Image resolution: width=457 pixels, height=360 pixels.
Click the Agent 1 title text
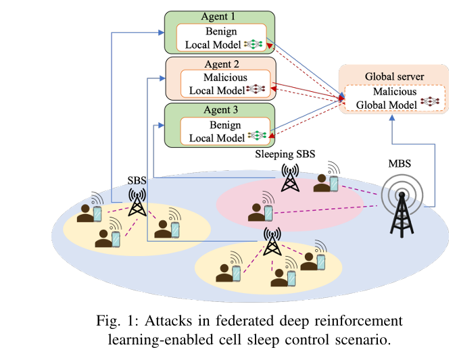pos(219,16)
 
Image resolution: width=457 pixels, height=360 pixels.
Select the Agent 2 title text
pos(219,65)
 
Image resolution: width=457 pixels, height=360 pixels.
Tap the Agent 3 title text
pos(219,109)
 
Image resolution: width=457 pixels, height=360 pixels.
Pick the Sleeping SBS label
pos(285,155)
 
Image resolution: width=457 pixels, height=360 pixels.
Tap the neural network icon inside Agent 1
pos(253,44)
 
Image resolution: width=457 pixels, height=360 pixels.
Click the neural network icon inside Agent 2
pos(256,88)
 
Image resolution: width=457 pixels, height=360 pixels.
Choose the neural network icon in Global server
pos(430,102)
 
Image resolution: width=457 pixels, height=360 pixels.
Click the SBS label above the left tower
pos(137,182)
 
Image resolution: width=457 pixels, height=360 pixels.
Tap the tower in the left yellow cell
pos(137,202)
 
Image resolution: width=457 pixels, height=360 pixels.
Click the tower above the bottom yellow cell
pos(272,241)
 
